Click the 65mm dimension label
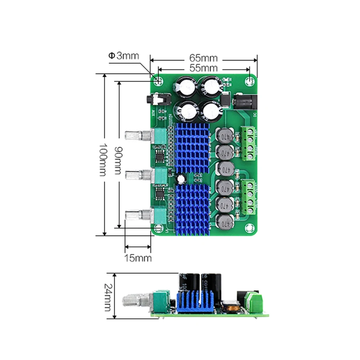[204, 58]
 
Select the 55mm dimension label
[204, 68]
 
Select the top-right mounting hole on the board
[249, 81]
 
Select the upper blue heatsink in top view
[191, 147]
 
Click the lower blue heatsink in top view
[191, 208]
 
